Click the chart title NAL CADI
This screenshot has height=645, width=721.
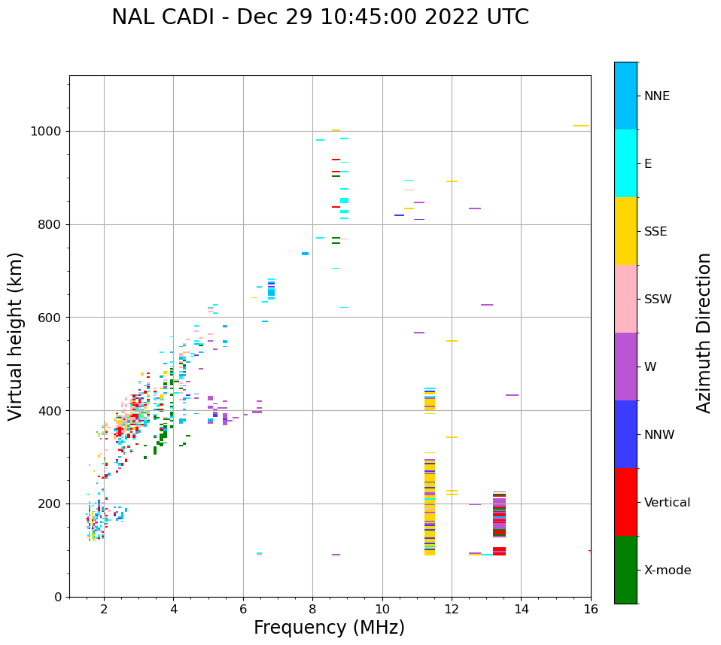point(320,17)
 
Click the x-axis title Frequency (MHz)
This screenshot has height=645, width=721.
point(329,628)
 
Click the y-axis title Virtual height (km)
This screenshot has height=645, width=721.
point(16,336)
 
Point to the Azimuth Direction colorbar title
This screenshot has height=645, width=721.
point(704,332)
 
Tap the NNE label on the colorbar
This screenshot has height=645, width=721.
point(656,96)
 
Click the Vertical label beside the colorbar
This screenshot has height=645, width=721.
point(667,503)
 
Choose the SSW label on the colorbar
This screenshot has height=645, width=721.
point(658,300)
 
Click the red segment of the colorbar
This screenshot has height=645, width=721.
point(625,502)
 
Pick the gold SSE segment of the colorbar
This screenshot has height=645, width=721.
point(625,231)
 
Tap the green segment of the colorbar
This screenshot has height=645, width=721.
point(625,570)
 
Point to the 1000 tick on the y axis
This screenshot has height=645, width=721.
point(47,131)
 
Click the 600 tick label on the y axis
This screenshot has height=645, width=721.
point(50,318)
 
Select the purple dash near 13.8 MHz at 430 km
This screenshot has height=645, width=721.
point(512,395)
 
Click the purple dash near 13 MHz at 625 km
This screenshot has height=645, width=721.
point(487,305)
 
